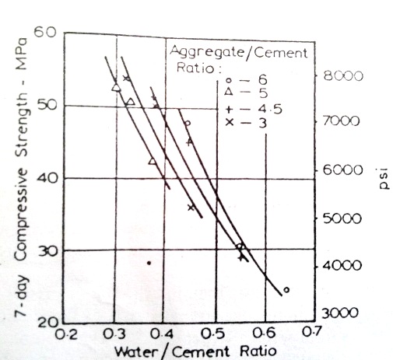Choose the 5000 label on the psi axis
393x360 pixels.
click(339, 218)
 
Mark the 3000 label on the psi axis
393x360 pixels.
click(339, 313)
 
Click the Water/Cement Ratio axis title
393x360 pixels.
click(195, 351)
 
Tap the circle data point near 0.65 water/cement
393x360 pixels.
click(286, 290)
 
